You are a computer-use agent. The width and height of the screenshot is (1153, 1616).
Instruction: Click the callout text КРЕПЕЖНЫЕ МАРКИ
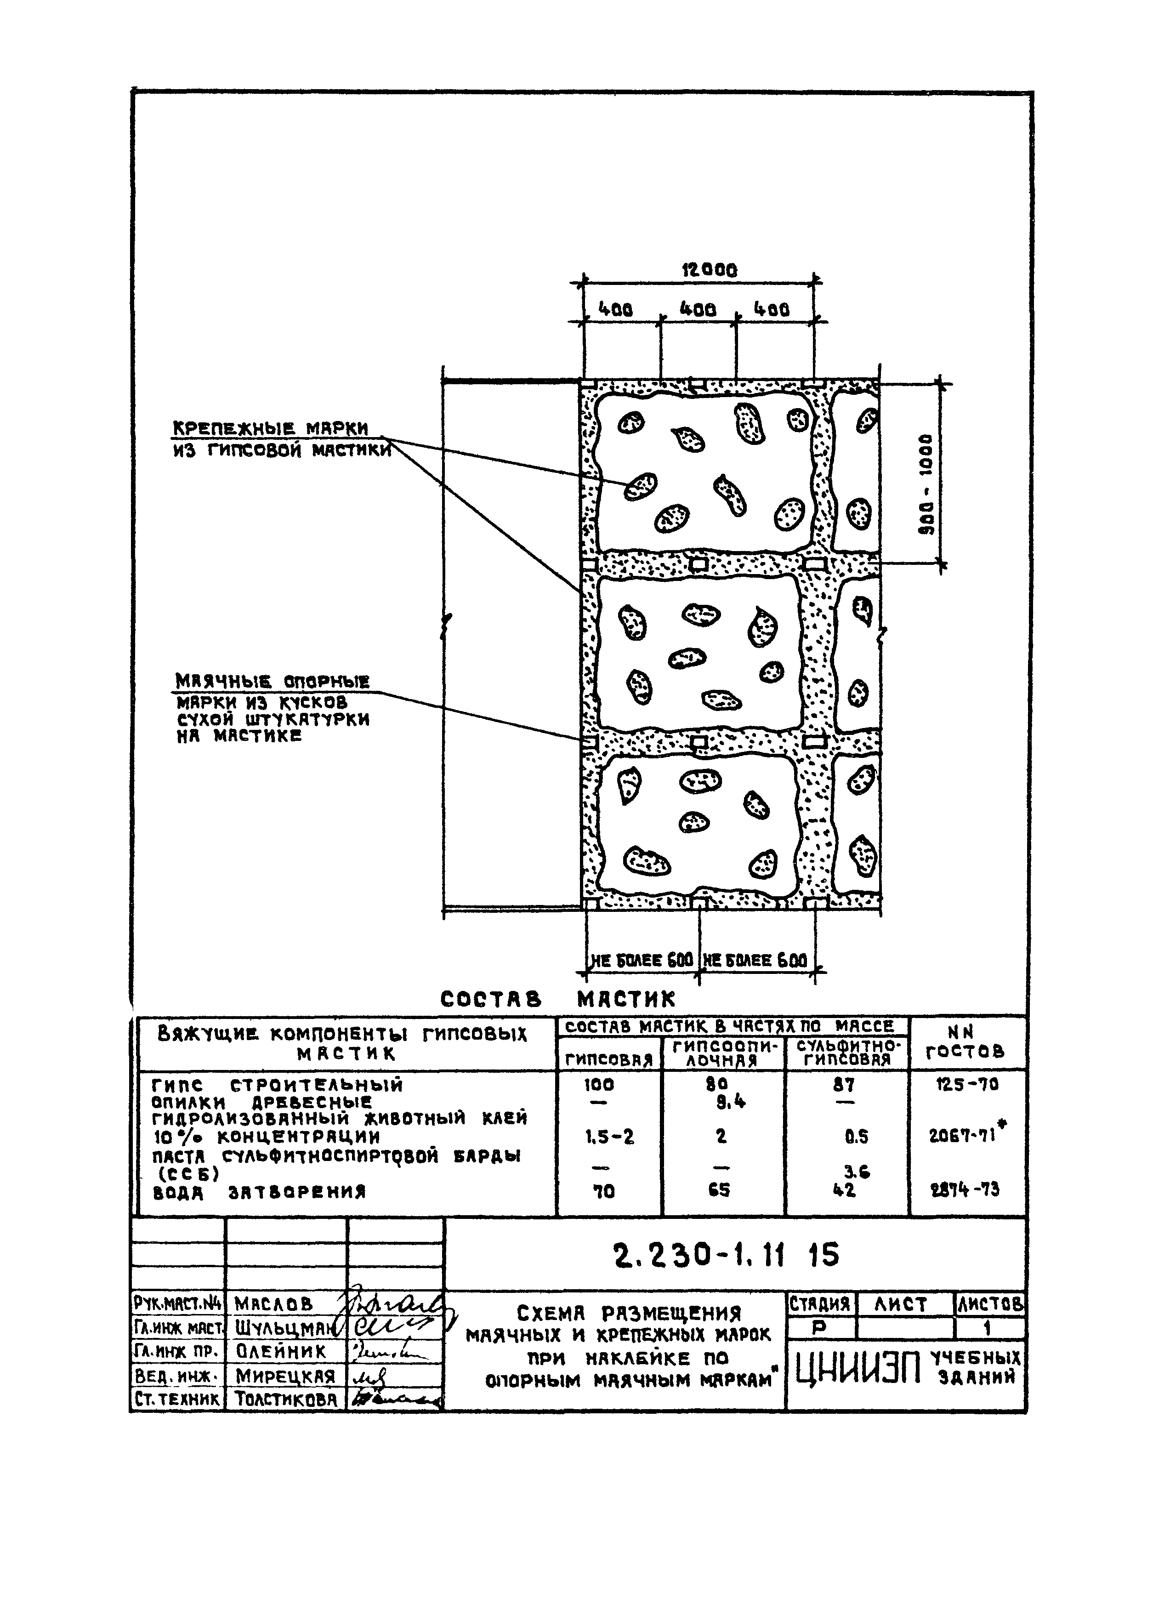[271, 429]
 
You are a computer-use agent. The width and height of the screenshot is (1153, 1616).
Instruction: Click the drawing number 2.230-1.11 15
[726, 1256]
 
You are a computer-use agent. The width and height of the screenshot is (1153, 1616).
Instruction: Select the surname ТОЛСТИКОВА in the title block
[285, 1398]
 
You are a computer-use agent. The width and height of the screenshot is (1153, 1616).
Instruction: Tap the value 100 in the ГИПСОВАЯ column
[600, 1084]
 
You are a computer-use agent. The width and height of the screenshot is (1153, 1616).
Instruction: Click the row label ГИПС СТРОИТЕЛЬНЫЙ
[277, 1085]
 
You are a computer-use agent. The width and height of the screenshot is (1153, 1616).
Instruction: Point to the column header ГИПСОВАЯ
[608, 1060]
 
